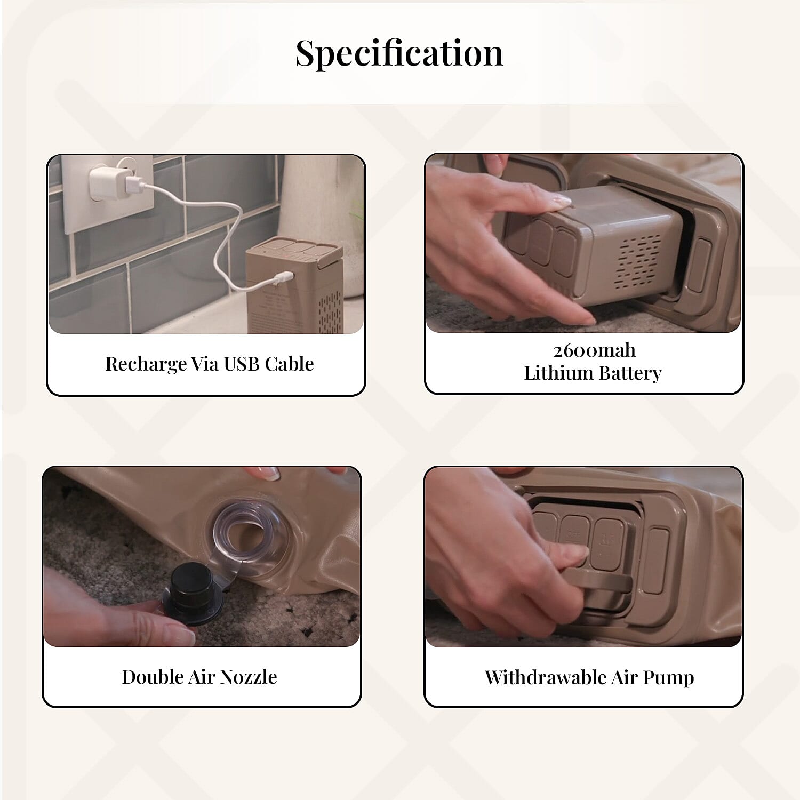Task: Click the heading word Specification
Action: (399, 53)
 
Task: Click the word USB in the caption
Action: (242, 364)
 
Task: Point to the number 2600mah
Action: (594, 350)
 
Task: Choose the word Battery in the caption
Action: (629, 373)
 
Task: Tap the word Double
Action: (153, 677)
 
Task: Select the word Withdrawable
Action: (546, 677)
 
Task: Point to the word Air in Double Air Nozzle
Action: (202, 677)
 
